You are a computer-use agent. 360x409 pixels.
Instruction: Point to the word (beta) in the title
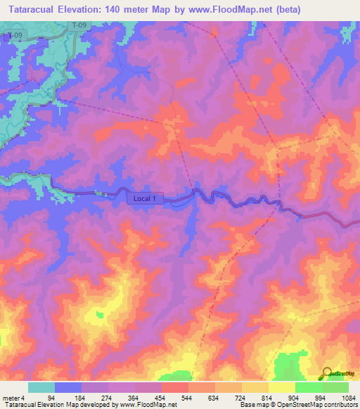point(304,9)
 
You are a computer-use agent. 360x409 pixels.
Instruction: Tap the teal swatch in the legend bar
point(41,387)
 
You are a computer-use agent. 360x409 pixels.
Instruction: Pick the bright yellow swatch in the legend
point(282,387)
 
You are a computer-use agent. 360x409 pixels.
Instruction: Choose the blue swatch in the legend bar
point(68,387)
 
